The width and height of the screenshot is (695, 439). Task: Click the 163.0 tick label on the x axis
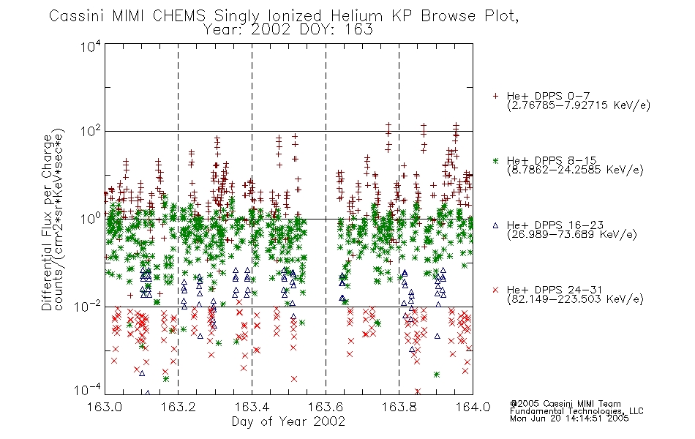(x=105, y=407)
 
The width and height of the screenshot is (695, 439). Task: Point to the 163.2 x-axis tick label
(x=179, y=407)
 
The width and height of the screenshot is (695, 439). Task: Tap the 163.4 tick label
(x=252, y=407)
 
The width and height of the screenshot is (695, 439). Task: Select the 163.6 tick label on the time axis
(x=326, y=407)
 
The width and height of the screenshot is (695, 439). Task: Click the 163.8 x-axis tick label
(x=399, y=407)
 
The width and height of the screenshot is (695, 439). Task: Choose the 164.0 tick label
(x=473, y=407)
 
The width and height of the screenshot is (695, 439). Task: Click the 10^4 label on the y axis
(x=91, y=47)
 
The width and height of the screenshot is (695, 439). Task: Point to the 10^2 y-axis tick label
(x=91, y=132)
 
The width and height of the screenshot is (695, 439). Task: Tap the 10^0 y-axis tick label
(x=91, y=219)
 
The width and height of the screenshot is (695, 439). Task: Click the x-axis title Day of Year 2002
(x=288, y=421)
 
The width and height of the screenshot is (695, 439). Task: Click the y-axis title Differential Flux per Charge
(x=48, y=222)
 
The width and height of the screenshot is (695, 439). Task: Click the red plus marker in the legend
(x=495, y=96)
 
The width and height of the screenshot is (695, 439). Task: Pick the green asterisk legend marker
(x=495, y=160)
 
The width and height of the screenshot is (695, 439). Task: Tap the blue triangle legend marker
(x=495, y=225)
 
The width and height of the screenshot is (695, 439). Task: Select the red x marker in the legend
(x=495, y=290)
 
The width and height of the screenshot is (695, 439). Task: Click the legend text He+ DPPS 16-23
(x=555, y=225)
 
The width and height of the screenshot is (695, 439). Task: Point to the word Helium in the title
(x=356, y=16)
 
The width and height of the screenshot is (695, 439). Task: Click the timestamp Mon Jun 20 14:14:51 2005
(x=569, y=419)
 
